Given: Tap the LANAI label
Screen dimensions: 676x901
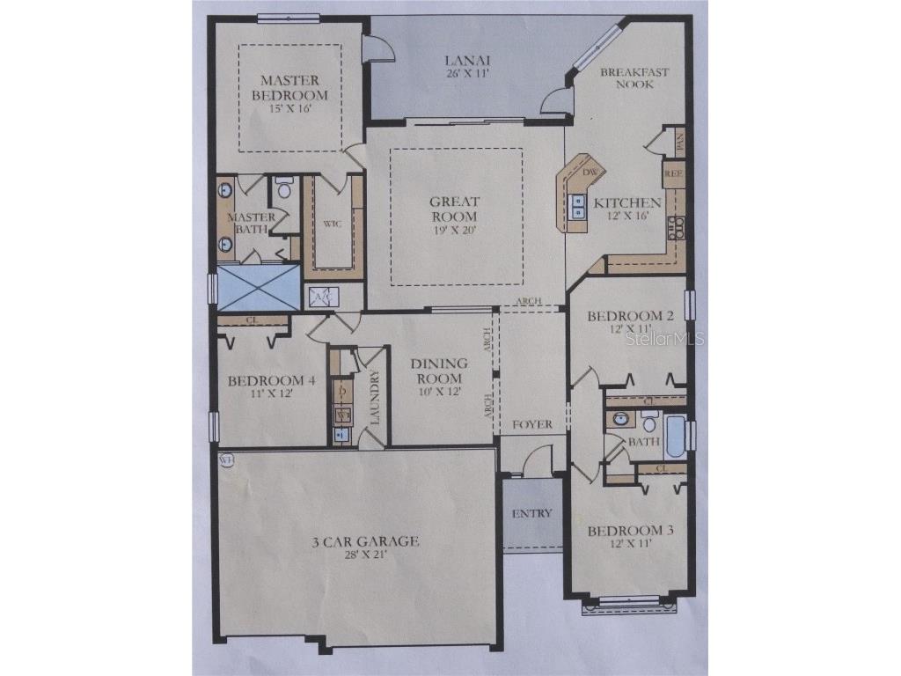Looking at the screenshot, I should click(466, 61).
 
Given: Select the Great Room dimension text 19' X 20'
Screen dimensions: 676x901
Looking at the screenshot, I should click(454, 231).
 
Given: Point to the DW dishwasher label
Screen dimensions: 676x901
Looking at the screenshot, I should click(590, 172).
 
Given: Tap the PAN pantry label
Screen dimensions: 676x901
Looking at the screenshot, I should click(678, 139).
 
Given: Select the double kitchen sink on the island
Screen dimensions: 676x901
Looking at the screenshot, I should click(579, 206).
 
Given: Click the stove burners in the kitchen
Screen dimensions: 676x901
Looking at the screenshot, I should click(676, 227).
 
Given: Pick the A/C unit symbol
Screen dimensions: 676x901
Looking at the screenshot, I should click(319, 298).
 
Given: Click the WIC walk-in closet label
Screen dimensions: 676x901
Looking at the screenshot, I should click(332, 224).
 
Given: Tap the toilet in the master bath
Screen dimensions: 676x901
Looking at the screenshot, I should click(283, 189).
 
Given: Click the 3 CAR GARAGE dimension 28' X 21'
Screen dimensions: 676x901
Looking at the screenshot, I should click(361, 555).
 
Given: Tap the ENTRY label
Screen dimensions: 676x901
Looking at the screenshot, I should click(532, 513).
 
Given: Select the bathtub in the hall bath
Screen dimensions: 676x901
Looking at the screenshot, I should click(675, 437).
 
